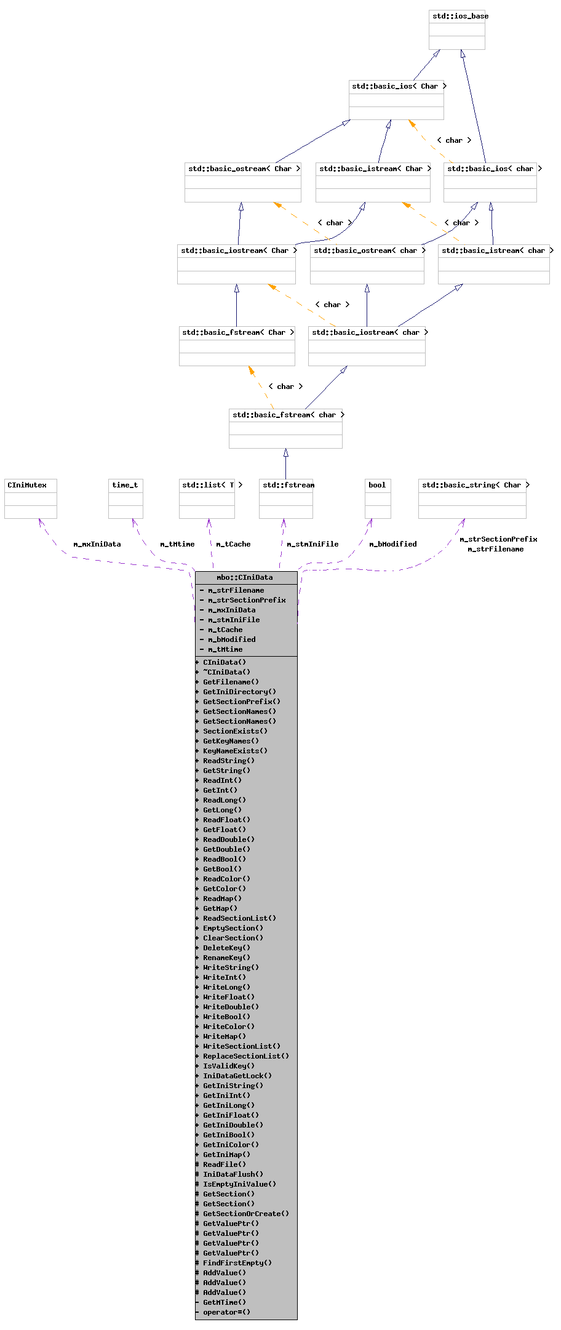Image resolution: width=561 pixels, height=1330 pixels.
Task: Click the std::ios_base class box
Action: click(457, 30)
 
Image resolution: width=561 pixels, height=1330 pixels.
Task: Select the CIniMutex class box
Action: click(31, 499)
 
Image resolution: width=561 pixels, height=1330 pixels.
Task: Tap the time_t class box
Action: click(125, 499)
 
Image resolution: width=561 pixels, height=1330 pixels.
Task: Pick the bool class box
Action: click(378, 499)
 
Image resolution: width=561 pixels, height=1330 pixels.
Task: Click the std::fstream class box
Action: click(286, 499)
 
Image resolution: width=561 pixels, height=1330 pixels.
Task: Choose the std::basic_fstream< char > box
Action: click(285, 428)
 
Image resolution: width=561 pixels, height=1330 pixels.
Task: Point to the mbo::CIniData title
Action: click(245, 577)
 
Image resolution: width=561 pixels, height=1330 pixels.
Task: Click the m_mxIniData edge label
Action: click(97, 544)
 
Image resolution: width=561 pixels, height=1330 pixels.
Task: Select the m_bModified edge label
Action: click(392, 544)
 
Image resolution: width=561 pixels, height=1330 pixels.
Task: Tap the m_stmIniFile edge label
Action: click(312, 544)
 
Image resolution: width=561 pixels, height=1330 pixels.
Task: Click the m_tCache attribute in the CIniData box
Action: click(225, 630)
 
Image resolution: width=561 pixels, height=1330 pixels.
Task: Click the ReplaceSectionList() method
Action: click(245, 1056)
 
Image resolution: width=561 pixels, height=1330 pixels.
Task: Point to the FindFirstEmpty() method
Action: click(237, 1263)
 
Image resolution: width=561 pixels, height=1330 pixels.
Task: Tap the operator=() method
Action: click(226, 1312)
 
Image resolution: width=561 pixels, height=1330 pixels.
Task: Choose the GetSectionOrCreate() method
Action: click(245, 1214)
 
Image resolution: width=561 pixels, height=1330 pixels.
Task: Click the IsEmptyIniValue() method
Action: click(239, 1184)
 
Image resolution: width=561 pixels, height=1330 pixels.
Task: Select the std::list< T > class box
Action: click(207, 499)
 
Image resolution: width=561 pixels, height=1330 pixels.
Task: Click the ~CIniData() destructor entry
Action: click(226, 672)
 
